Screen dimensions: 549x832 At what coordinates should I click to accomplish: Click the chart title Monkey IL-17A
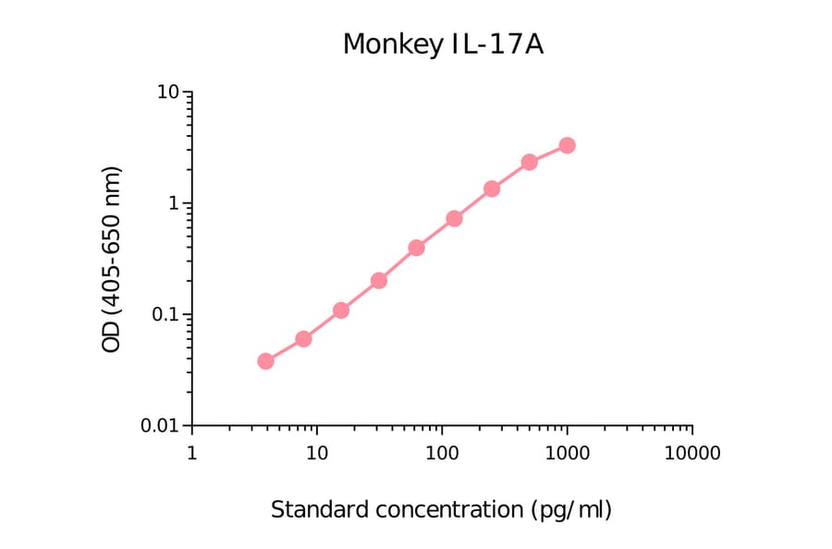(442, 43)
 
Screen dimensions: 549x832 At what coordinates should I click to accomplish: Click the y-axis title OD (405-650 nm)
(112, 260)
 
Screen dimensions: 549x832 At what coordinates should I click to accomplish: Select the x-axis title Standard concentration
(441, 509)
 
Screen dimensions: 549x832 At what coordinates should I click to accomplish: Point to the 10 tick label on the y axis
(168, 93)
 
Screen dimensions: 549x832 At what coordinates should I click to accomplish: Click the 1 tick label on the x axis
(191, 454)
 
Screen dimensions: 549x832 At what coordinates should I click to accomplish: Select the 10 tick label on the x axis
(317, 454)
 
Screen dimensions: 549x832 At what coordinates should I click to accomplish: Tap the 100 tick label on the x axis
(442, 454)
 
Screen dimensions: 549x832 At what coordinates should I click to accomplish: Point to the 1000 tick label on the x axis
(567, 454)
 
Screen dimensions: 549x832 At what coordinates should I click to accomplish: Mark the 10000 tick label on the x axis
(691, 454)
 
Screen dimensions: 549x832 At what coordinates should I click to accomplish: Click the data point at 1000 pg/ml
(567, 145)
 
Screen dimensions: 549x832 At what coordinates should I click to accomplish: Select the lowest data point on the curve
(265, 360)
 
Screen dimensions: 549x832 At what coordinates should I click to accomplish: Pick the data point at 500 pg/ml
(529, 162)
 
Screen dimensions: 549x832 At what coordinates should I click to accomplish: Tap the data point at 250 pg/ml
(492, 189)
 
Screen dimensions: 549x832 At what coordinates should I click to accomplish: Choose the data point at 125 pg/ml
(454, 218)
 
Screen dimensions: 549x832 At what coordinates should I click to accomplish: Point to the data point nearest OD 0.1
(341, 310)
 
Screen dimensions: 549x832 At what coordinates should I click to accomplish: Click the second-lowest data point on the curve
(303, 338)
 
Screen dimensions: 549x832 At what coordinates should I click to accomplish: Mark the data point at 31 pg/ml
(378, 280)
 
